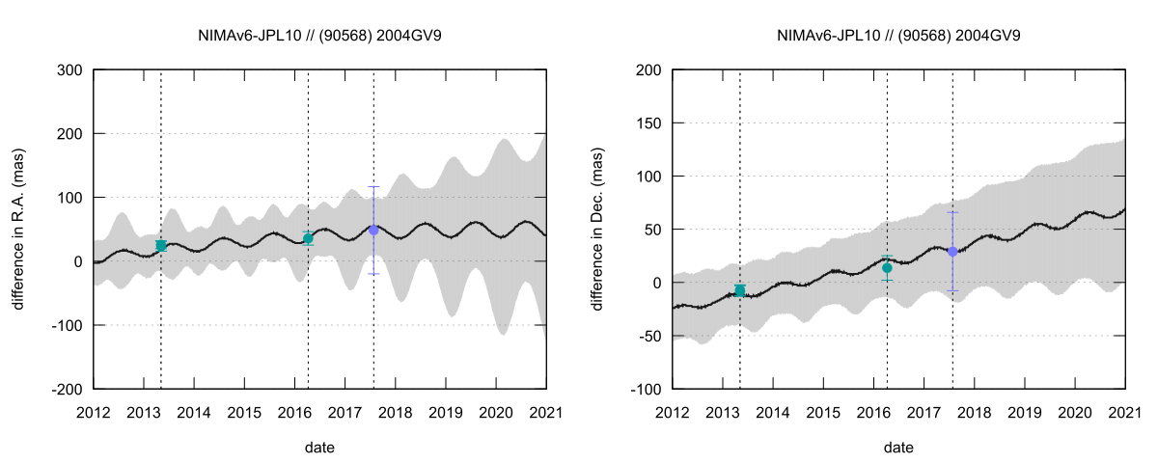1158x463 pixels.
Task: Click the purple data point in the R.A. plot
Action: pos(373,230)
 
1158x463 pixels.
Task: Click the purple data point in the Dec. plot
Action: pos(952,251)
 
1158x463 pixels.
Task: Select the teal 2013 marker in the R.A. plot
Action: pos(161,246)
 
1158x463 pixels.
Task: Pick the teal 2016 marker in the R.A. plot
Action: pos(308,238)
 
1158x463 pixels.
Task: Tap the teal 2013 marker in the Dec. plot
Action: pos(740,290)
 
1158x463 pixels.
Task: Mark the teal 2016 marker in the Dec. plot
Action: pos(887,268)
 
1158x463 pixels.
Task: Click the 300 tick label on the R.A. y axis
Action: pos(69,69)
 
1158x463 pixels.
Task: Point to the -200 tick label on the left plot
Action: pos(66,389)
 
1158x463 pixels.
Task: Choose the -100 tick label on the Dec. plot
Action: pos(645,389)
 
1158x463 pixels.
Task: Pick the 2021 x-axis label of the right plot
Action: pos(1125,413)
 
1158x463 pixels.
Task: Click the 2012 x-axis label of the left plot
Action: pos(94,413)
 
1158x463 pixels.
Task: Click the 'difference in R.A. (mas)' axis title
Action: pos(19,229)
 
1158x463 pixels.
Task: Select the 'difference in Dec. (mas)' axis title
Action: pos(598,229)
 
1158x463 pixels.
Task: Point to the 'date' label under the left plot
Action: pos(319,448)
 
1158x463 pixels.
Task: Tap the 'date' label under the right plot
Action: pos(898,448)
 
